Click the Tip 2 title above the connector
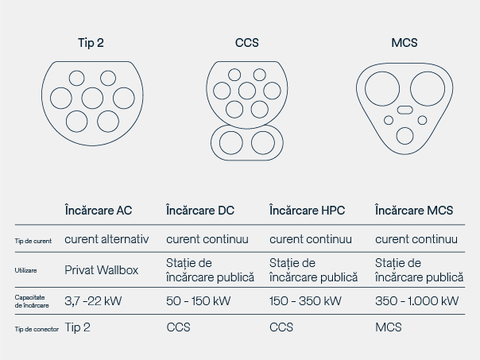pos(91,43)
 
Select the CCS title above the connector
pos(247,43)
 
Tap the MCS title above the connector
pos(405,43)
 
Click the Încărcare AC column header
pos(99,211)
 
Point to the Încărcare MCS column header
pos(414,211)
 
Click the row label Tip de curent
pos(33,240)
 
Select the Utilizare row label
pos(26,270)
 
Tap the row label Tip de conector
pos(37,328)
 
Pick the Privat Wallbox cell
pos(101,270)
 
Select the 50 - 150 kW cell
pos(199,300)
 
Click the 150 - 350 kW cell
pos(305,300)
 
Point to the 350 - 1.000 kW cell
pos(416,300)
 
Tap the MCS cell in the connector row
pos(388,327)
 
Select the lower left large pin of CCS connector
pos(232,142)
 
